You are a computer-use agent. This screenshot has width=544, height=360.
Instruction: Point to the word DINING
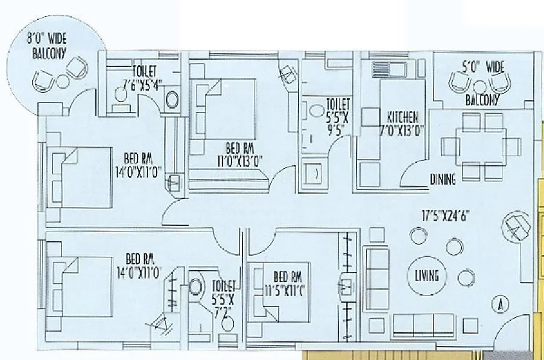point(443,178)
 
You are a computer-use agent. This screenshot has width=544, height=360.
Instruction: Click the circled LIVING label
point(427,276)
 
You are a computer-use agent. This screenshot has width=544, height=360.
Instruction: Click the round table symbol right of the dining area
point(515,228)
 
